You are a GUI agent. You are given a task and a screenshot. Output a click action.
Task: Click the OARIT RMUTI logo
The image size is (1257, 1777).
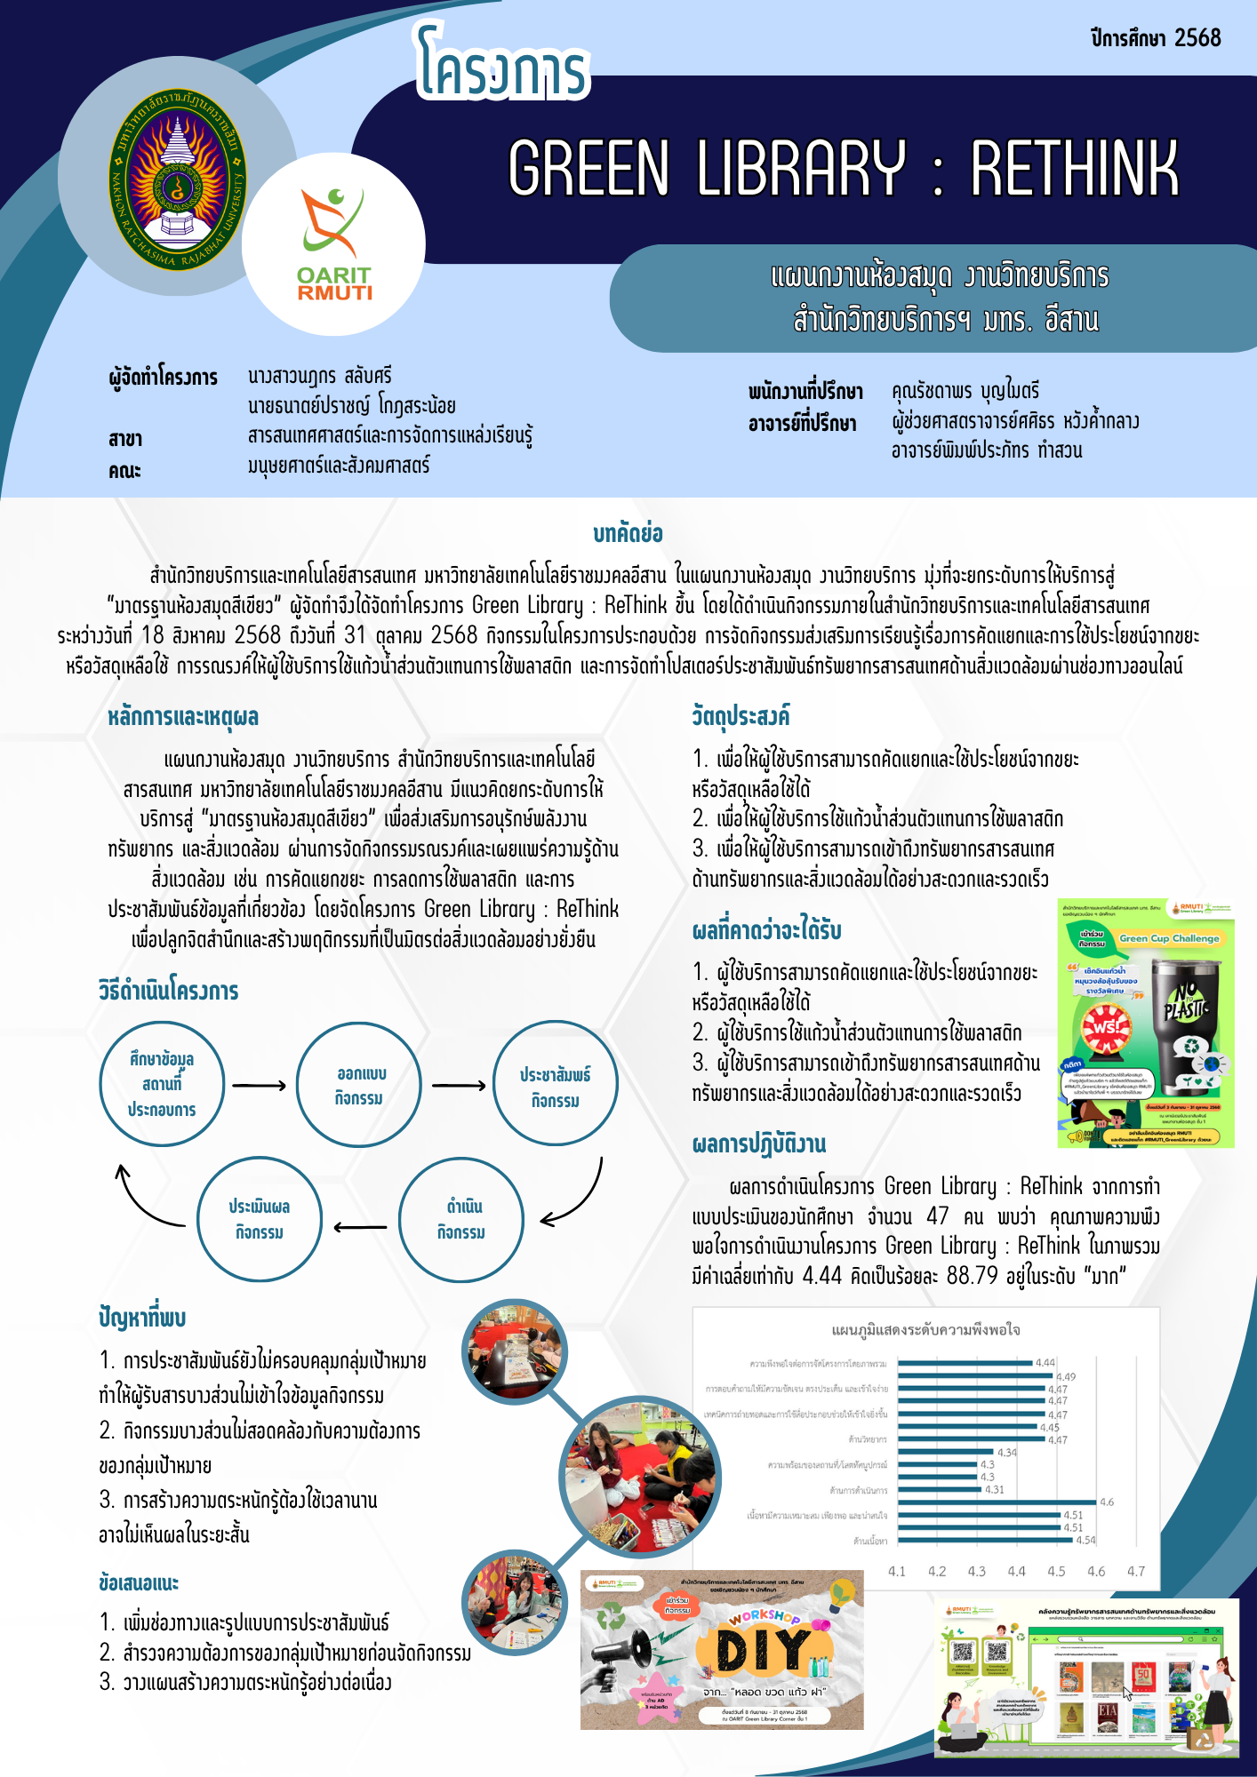(x=334, y=244)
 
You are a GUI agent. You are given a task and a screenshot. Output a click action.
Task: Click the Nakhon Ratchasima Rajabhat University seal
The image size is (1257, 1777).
(x=177, y=178)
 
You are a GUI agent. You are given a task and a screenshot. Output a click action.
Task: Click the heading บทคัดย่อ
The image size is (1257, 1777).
(x=628, y=534)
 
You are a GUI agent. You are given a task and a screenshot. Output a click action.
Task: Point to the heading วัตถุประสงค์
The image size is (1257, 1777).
(x=741, y=716)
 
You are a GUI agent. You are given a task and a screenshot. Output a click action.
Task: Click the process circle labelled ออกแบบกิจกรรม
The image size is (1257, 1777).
(x=358, y=1085)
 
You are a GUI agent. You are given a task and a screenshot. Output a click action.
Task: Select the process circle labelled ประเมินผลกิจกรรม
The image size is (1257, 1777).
(x=259, y=1219)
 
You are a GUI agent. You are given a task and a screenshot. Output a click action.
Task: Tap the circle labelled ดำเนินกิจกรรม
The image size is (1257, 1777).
(x=460, y=1219)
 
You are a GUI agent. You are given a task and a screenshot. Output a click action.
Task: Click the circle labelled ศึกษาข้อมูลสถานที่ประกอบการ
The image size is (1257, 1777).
(x=162, y=1084)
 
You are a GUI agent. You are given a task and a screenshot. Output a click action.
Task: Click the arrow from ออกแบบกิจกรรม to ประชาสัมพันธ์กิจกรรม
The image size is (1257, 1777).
(x=459, y=1085)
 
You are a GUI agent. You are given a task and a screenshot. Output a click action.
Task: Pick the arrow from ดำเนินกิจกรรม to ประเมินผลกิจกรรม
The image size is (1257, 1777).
(x=360, y=1228)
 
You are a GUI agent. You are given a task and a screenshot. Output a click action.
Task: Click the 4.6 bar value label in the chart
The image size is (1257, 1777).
(x=1107, y=1502)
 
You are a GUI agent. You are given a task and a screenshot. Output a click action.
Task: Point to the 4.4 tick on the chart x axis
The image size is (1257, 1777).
(x=1016, y=1571)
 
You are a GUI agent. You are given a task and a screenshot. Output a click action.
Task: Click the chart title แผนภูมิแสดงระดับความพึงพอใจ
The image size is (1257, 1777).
(x=925, y=1330)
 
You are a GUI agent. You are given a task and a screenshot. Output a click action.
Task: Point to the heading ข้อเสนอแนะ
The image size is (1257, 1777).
(x=139, y=1583)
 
